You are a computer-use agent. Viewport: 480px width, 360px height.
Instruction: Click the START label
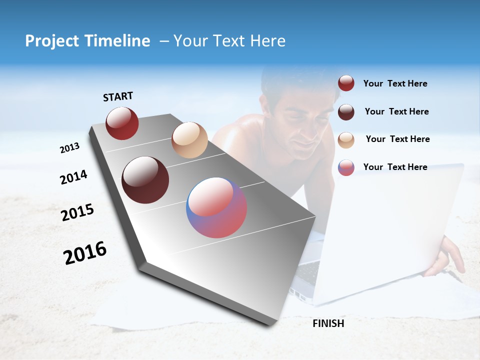point(118,96)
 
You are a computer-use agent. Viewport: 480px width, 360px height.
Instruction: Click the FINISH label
point(328,323)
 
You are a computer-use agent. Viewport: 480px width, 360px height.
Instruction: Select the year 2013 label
point(69,148)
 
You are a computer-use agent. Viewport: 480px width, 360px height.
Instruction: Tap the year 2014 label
point(73,177)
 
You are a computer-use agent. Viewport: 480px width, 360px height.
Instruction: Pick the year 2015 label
point(77,212)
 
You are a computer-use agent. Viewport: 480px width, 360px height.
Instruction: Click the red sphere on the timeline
point(122,123)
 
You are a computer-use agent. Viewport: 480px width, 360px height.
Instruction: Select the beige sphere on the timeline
point(189,140)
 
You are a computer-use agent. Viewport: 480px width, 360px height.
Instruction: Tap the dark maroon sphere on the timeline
point(145,180)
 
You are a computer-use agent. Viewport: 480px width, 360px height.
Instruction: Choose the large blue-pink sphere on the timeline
point(216,207)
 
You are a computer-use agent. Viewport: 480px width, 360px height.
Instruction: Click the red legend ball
point(346,83)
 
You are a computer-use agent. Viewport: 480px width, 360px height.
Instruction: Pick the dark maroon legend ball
point(346,111)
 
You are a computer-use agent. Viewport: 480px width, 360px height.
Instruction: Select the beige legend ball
point(346,139)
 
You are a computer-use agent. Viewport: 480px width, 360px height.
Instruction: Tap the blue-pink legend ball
point(346,167)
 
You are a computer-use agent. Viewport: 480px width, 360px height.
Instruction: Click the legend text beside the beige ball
point(397,139)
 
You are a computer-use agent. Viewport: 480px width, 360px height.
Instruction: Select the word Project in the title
point(51,41)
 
